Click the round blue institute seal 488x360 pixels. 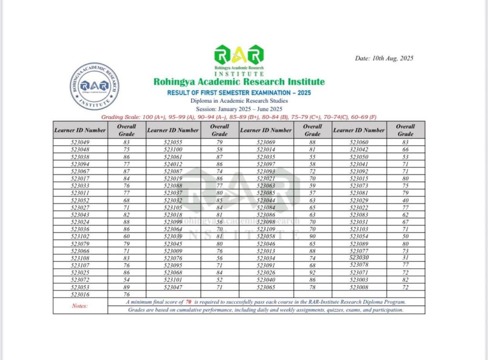tap(94, 86)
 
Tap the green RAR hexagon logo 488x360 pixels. tap(239, 55)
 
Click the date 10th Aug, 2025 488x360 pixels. tap(384, 59)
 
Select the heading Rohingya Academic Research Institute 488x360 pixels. tap(239, 82)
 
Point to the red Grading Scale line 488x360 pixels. tap(239, 116)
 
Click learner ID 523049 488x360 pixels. tap(80, 142)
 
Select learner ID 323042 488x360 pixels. tap(359, 149)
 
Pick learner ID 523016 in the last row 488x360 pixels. tap(80, 295)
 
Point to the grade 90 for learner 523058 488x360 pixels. tap(313, 237)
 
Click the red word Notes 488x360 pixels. tap(80, 306)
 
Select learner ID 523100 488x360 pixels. tap(173, 149)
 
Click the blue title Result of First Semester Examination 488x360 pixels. tap(239, 92)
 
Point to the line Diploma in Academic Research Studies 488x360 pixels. tap(239, 101)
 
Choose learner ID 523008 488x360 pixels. tap(359, 288)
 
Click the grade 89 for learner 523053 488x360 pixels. tap(127, 288)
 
